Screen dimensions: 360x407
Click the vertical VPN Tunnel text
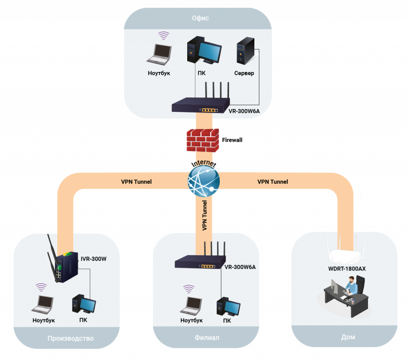tap(205, 215)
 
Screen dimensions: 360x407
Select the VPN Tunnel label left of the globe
tap(136, 182)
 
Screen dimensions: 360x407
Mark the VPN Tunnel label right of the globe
tap(273, 182)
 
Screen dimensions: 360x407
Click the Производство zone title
tap(70, 339)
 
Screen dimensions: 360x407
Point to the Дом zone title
tap(348, 337)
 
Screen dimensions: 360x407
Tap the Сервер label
tap(244, 74)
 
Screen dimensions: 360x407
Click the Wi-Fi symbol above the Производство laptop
tap(41, 287)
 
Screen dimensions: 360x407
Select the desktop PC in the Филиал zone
tap(228, 307)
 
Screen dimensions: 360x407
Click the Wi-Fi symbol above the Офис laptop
tap(163, 36)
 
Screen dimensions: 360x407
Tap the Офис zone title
tap(200, 18)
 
